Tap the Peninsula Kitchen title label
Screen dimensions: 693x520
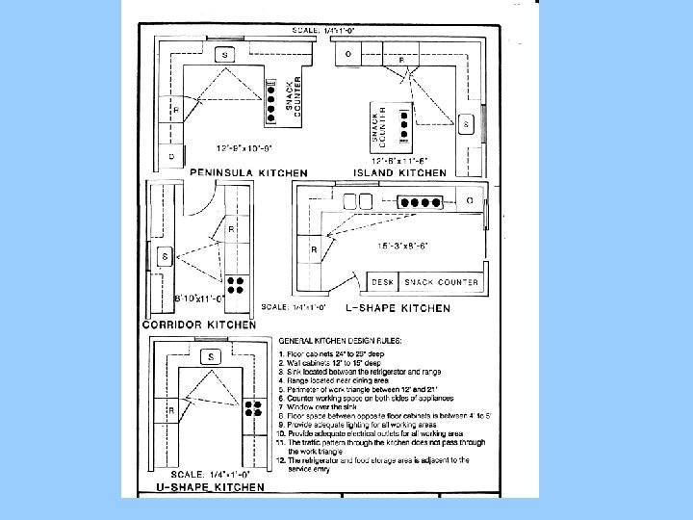tap(248, 172)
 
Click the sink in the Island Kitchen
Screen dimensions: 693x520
tap(466, 124)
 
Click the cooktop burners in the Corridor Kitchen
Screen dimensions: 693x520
tap(235, 285)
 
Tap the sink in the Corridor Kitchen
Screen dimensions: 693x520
tap(166, 256)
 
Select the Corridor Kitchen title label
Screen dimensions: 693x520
tap(199, 325)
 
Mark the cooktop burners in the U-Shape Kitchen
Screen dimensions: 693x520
tap(253, 412)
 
